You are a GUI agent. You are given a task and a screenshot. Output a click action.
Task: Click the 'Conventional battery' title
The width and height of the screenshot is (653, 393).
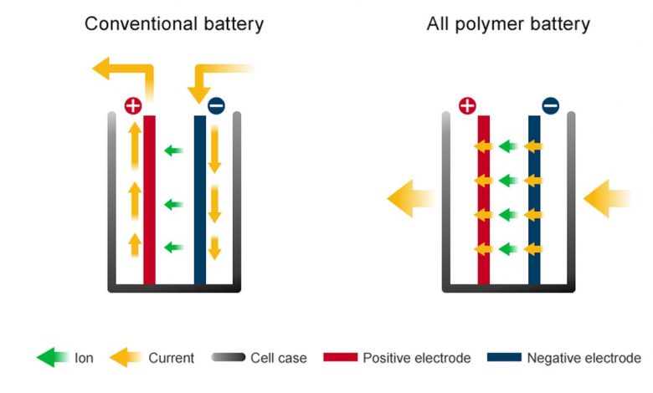pos(174,23)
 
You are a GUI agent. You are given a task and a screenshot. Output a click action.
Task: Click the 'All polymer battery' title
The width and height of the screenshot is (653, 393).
pos(508,23)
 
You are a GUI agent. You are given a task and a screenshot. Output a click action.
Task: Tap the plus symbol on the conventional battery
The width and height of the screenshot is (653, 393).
pos(132,105)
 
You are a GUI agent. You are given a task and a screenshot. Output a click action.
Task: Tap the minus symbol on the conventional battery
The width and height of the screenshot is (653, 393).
pos(216,105)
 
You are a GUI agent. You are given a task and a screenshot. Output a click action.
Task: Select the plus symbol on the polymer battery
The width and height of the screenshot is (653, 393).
pos(467,105)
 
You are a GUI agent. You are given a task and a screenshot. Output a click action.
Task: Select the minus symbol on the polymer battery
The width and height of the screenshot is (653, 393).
pos(550,105)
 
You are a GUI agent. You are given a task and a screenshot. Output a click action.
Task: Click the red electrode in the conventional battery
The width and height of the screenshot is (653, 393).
pos(150,201)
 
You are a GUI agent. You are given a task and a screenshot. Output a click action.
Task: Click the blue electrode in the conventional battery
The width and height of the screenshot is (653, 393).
pos(200,201)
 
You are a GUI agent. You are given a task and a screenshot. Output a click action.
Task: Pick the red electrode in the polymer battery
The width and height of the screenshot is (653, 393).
pos(483,201)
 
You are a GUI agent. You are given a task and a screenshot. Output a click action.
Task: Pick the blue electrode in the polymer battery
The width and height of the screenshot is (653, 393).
pos(534,201)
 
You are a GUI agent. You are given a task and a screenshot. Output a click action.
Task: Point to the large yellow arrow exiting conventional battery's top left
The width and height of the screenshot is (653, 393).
pos(121,71)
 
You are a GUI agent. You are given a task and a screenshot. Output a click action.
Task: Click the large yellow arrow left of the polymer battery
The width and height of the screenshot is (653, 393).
pos(409,198)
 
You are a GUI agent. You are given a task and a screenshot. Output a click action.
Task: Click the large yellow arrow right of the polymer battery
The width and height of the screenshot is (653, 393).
pos(606,198)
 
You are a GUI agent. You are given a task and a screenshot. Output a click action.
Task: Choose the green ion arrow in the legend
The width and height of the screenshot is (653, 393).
pos(52,359)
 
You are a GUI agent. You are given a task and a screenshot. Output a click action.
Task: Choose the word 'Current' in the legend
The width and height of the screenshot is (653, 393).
pos(171,359)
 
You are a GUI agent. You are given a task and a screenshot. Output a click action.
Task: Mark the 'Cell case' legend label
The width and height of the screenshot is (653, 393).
pos(279,359)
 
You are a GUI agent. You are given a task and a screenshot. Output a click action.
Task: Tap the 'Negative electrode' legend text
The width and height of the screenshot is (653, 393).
pos(584,359)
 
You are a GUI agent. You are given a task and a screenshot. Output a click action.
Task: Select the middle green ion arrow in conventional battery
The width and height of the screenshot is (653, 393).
pos(173,204)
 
